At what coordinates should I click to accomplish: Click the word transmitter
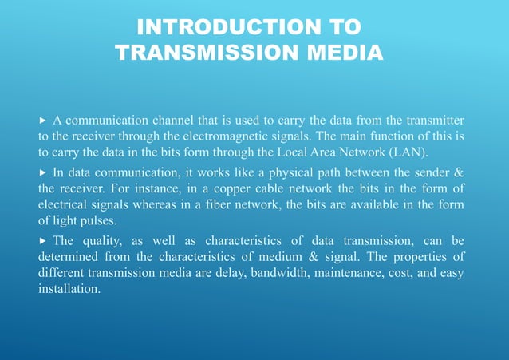[x=432, y=120]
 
